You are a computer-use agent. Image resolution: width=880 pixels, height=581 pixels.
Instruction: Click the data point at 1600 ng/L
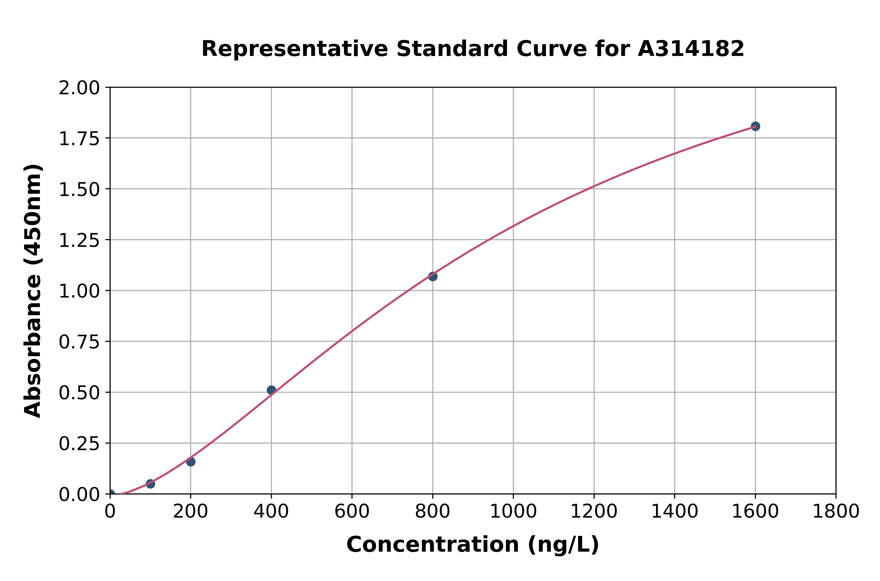755,126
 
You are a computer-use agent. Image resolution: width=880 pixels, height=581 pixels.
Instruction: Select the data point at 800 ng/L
433,276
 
